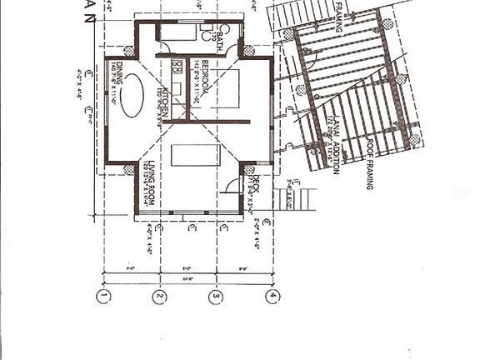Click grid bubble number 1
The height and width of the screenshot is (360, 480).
(103, 296)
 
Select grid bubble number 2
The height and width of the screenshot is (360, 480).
(160, 296)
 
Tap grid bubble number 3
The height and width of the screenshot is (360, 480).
(216, 296)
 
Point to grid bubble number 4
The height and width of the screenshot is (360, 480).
(272, 296)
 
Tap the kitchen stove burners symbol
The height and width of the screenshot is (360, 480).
(177, 66)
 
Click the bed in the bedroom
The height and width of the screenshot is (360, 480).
(223, 88)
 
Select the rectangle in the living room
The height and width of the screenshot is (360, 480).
(195, 155)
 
